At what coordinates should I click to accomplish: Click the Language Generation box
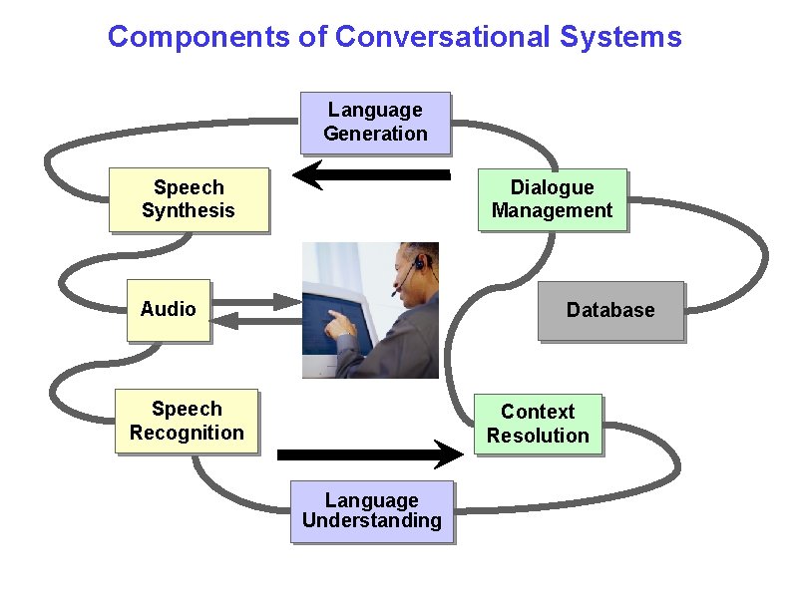375,123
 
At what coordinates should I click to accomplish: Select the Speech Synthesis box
189,199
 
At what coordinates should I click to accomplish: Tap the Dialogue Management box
552,199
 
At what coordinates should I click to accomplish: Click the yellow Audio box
168,310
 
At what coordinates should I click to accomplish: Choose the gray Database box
610,311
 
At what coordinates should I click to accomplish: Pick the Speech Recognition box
187,421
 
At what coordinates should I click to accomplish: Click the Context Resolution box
538,424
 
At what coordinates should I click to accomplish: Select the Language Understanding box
371,511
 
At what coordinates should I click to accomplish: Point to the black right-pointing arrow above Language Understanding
370,454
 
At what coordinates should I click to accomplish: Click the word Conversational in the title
442,38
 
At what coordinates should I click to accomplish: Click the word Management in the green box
552,210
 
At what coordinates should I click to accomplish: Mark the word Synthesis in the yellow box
189,210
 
